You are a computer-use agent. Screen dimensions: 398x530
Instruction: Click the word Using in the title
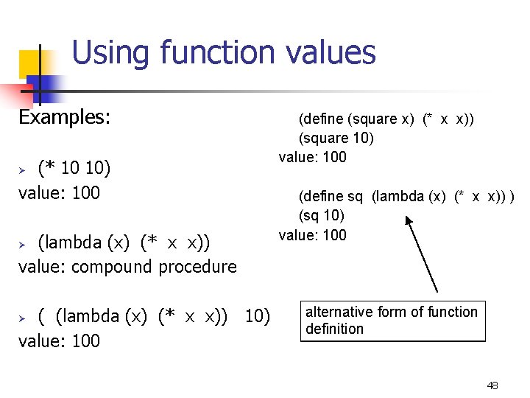pyautogui.click(x=111, y=53)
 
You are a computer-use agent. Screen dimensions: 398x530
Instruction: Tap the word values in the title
pyautogui.click(x=332, y=53)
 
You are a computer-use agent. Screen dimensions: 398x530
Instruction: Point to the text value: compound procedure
pyautogui.click(x=127, y=266)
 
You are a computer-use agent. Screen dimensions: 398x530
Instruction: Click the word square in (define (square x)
pyautogui.click(x=373, y=119)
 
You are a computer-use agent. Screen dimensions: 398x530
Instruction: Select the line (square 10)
pyautogui.click(x=336, y=138)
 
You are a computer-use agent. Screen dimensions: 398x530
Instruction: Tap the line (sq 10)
pyautogui.click(x=321, y=215)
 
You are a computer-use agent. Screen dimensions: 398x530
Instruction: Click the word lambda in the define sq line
pyautogui.click(x=397, y=196)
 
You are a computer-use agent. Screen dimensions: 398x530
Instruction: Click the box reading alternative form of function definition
pyautogui.click(x=392, y=321)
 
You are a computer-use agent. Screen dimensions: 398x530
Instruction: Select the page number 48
pyautogui.click(x=492, y=385)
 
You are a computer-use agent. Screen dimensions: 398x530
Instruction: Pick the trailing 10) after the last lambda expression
pyautogui.click(x=258, y=316)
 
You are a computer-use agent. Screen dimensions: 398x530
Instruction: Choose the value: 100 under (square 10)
pyautogui.click(x=312, y=157)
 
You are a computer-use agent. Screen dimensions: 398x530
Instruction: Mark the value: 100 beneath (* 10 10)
pyautogui.click(x=59, y=193)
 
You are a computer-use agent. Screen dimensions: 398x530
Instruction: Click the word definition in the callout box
pyautogui.click(x=334, y=329)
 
